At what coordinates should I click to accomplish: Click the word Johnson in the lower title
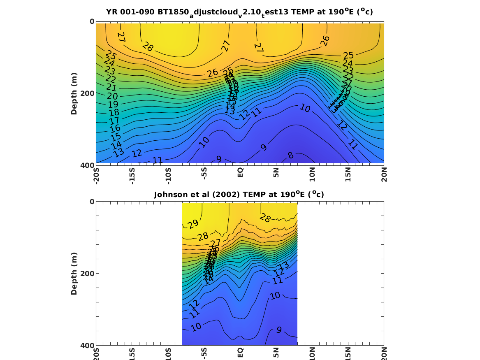click(x=169, y=195)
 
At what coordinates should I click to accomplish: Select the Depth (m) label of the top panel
click(x=74, y=93)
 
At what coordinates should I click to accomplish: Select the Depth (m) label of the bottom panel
click(x=74, y=273)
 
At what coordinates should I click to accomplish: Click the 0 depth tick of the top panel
click(x=92, y=21)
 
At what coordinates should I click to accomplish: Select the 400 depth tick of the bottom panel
click(x=88, y=345)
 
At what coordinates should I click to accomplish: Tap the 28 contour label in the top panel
click(x=148, y=46)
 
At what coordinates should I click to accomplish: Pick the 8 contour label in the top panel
click(x=291, y=156)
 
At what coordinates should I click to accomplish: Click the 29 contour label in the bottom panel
click(x=193, y=224)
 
